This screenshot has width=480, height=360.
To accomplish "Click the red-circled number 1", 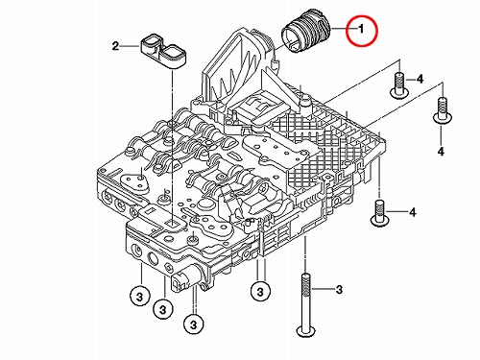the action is pos(361,30).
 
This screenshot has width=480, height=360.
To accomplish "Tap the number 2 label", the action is pos(115,46).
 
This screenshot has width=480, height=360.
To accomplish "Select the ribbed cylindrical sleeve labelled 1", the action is pos(305,36).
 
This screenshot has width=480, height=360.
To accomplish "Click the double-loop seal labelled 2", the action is pos(163,52).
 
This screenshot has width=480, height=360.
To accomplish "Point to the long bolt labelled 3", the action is pos(306,305).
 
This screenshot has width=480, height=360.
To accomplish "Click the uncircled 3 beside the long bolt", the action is pos(339,290).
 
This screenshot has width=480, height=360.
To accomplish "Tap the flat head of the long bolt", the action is pos(306,331).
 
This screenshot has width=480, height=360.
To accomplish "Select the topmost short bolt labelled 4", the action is pos(399,85).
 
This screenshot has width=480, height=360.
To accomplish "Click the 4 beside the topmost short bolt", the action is pos(420,79).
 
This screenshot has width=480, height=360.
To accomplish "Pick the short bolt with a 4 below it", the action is pos(443,109).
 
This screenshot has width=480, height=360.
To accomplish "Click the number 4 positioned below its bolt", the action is pos(441,151).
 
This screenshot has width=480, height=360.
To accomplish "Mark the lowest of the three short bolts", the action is pos(379,213).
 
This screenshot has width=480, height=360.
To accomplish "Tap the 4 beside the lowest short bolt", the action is pos(413,212).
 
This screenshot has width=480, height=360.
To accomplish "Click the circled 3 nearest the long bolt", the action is pos(260,292).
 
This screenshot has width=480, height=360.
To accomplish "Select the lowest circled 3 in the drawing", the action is pos(193,325).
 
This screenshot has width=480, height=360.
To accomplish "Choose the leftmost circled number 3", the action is pos(139,297).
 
